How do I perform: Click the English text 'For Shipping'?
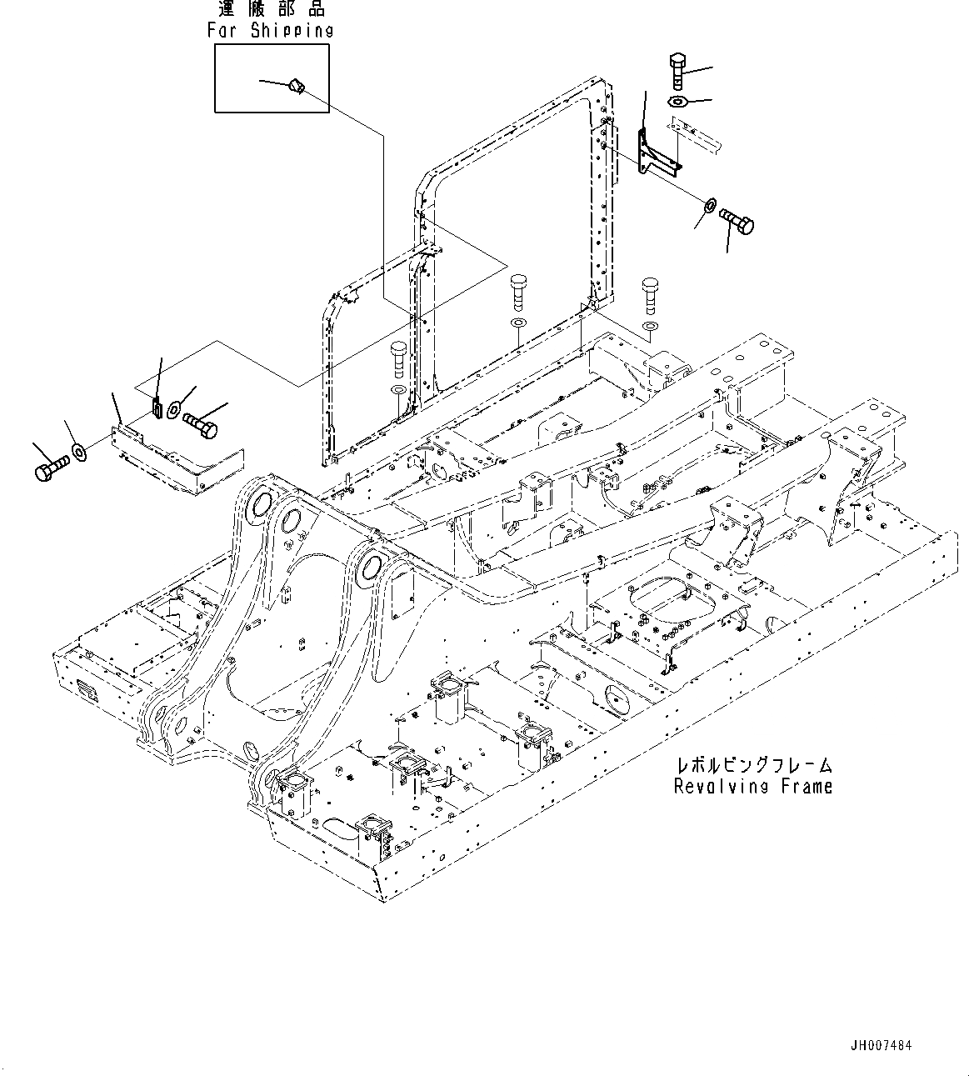pyautogui.click(x=270, y=31)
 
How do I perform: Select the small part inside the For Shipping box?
pyautogui.click(x=297, y=86)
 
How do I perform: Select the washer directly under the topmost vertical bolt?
pyautogui.click(x=677, y=102)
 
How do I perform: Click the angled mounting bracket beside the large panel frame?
pyautogui.click(x=655, y=155)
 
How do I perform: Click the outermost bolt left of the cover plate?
pyautogui.click(x=49, y=471)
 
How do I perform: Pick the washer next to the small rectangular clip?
pyautogui.click(x=174, y=408)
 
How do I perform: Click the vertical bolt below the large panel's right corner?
pyautogui.click(x=650, y=295)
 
